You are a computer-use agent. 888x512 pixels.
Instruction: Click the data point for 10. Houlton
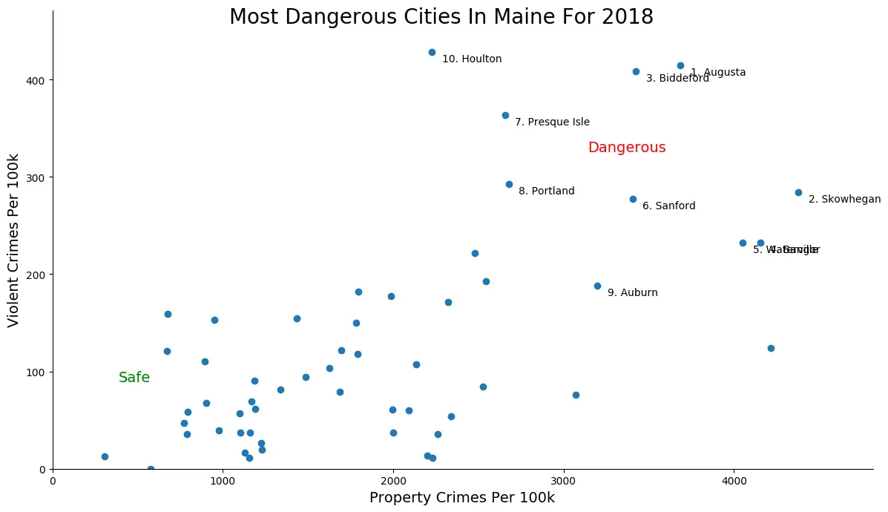[432, 52]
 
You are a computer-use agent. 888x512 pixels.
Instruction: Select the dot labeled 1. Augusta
[680, 65]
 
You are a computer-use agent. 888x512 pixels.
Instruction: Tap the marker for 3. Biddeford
[636, 71]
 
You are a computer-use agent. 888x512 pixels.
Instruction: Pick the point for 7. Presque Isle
[505, 115]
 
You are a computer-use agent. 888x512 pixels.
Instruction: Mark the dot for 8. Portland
[509, 184]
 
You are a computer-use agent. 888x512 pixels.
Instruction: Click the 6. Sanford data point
[633, 199]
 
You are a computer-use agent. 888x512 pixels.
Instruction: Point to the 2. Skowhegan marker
[798, 192]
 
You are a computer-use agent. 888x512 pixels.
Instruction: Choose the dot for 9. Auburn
[597, 286]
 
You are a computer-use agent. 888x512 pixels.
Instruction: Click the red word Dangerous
[627, 148]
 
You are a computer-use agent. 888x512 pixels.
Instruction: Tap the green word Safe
[134, 378]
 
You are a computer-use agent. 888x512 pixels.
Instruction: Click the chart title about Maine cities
[441, 17]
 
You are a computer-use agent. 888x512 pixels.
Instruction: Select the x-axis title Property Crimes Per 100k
[462, 498]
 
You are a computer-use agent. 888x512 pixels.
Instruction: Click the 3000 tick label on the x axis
[564, 481]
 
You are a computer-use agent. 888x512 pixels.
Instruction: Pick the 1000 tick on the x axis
[223, 481]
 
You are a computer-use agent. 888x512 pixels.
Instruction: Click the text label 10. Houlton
[472, 59]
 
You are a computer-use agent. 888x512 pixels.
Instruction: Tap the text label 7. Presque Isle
[553, 122]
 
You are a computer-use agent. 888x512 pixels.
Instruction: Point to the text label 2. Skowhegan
[845, 200]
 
